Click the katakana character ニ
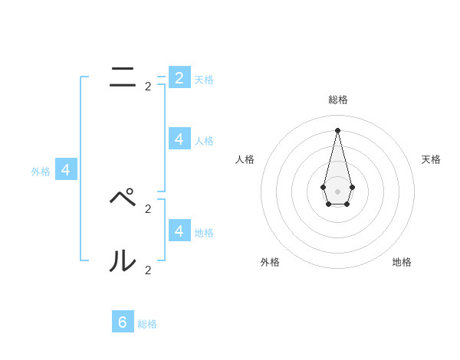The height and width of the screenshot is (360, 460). tap(123, 77)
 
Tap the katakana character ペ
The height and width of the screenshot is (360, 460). tap(123, 198)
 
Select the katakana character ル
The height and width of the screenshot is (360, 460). tap(123, 262)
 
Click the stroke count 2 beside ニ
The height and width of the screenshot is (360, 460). tap(148, 87)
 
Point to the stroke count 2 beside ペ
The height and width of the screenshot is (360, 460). tap(148, 208)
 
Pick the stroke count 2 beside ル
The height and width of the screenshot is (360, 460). tap(148, 270)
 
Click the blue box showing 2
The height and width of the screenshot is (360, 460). tap(179, 77)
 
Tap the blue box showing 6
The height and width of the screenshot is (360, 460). tap(123, 322)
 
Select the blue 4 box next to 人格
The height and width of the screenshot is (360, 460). tap(179, 139)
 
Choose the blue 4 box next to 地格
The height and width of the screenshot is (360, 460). tap(179, 230)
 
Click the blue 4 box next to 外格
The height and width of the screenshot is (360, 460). tap(65, 170)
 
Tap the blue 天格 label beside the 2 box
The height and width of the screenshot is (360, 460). tap(204, 80)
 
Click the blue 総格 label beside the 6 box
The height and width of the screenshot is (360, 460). tap(147, 324)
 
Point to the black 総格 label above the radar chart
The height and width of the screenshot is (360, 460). tap(338, 100)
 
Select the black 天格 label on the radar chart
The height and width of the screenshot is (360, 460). tap(431, 159)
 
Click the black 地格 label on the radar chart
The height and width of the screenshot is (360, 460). tap(402, 262)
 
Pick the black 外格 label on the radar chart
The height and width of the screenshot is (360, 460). tap(270, 262)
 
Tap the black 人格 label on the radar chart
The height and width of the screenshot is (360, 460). tap(245, 159)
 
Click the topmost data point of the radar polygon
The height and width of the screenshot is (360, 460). tap(338, 129)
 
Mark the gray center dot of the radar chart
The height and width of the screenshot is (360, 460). tap(338, 191)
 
